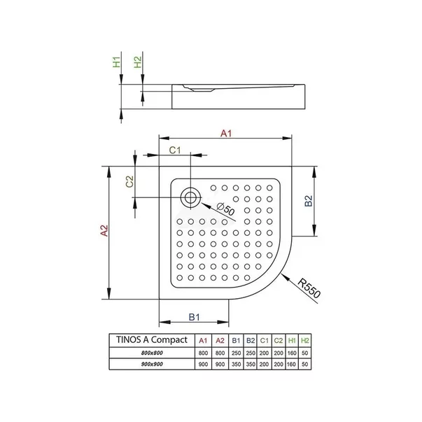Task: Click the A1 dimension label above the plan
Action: pos(226,133)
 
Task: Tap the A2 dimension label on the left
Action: pos(104,231)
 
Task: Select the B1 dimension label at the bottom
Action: pos(194,317)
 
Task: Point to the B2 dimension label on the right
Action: pos(309,201)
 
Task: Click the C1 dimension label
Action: pos(175,150)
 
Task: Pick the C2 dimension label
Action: pos(129,181)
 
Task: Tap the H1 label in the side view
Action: pos(116,62)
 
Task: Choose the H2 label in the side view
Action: pos(138,62)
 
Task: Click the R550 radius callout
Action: pos(309,288)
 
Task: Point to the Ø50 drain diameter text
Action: pos(225,209)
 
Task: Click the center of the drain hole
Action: pos(190,197)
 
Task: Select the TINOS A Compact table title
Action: pos(152,339)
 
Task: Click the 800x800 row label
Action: pos(152,353)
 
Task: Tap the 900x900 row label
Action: pos(152,364)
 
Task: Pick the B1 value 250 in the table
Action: pos(236,353)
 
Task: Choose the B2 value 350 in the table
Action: pos(251,364)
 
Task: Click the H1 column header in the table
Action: pos(292,341)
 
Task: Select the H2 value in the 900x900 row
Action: pos(304,364)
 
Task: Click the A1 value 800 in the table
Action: pos(203,353)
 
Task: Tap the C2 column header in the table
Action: pos(279,341)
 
